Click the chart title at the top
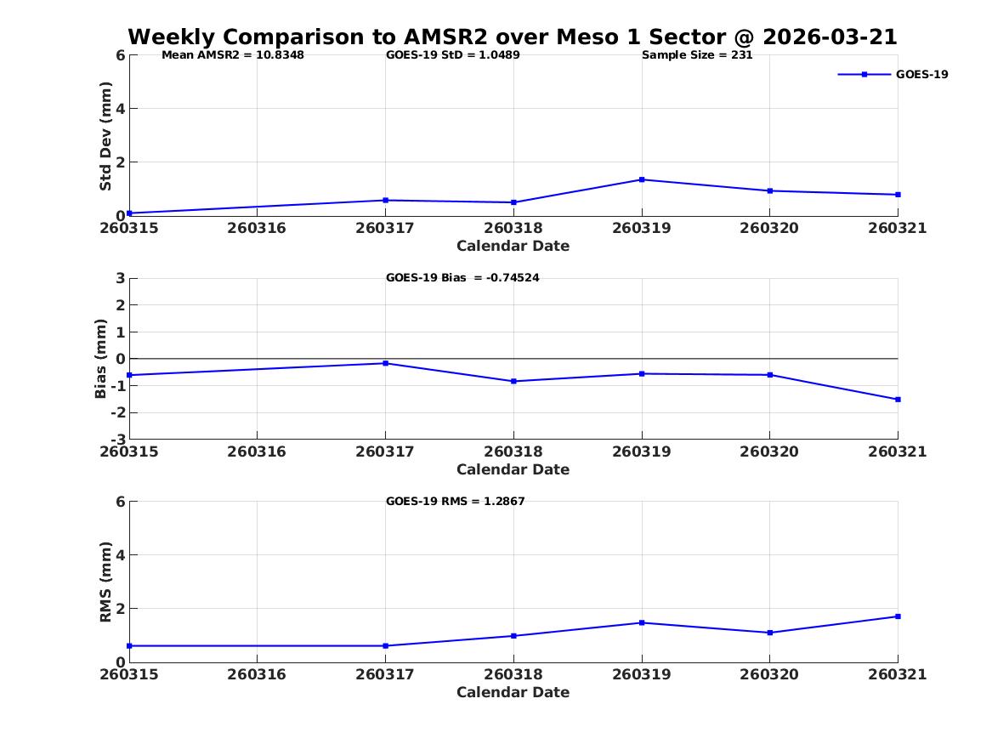[513, 37]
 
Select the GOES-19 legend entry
[893, 74]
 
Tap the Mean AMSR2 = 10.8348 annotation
[233, 55]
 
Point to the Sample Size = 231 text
[697, 55]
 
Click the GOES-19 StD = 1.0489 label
[453, 55]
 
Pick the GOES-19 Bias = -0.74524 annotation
[462, 278]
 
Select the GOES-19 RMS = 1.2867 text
[456, 501]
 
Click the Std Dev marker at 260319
[642, 179]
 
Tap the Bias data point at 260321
[898, 399]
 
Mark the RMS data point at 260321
[898, 616]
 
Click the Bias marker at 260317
[385, 363]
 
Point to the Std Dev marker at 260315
[129, 213]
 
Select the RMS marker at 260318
[513, 636]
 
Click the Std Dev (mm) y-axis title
[105, 136]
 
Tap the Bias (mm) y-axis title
[100, 359]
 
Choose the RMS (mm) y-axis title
[105, 582]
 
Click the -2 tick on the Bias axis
[117, 412]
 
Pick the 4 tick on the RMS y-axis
[120, 555]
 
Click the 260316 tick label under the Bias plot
[257, 452]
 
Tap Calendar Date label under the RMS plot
[513, 692]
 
